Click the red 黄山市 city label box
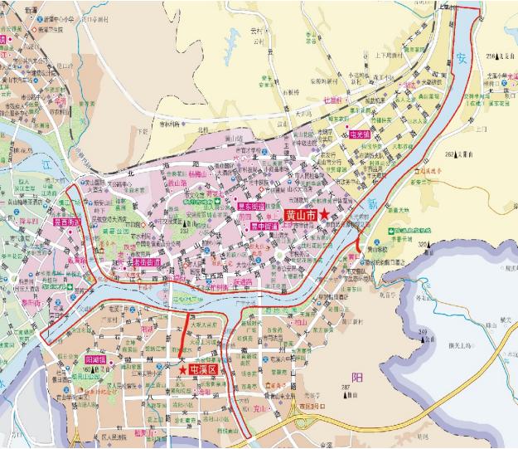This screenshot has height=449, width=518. click(x=298, y=214)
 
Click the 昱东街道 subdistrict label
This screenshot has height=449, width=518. click(x=252, y=206)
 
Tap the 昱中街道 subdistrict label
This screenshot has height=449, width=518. click(x=252, y=224)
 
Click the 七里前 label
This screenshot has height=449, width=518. click(x=332, y=100)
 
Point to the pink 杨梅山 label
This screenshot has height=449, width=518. click(x=197, y=175)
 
